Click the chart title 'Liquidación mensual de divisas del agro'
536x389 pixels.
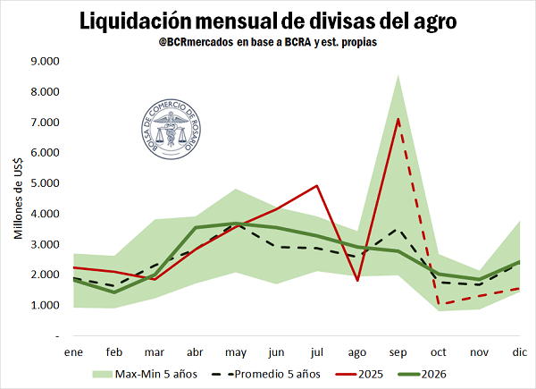tap(268, 20)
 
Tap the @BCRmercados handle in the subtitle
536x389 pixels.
tap(191, 42)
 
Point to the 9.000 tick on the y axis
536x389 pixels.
tap(44, 62)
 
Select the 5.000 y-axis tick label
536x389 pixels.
tap(44, 183)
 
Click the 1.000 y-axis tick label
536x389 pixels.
tap(44, 305)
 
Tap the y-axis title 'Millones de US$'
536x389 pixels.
tap(18, 199)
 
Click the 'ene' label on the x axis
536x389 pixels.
tap(73, 351)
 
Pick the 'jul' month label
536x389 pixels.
tap(318, 351)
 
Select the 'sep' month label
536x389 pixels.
tap(399, 351)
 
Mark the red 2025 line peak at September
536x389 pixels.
tap(399, 119)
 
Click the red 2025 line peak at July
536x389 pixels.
tap(318, 186)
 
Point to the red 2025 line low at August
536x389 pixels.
tap(358, 280)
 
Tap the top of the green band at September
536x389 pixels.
tap(399, 76)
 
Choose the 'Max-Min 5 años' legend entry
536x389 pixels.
tap(144, 373)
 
